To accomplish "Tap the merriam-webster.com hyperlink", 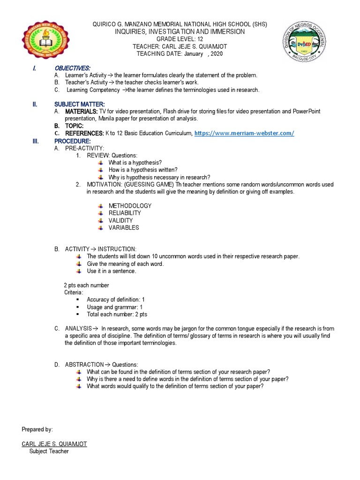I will point(244,134).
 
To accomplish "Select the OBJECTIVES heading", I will point(73,68).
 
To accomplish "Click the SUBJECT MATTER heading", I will point(80,104).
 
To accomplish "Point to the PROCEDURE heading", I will point(73,141).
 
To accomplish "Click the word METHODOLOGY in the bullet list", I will point(130,206).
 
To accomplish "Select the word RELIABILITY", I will point(125,213).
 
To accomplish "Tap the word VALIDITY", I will point(120,220).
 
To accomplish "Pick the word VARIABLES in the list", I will point(124,228).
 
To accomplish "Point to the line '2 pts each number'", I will point(86,285).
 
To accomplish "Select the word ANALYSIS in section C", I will point(78,329).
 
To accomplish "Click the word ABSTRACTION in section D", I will point(84,365).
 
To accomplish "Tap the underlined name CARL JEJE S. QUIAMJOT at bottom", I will point(54,444).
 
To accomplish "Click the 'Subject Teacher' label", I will point(49,451).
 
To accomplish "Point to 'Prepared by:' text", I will point(37,429).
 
